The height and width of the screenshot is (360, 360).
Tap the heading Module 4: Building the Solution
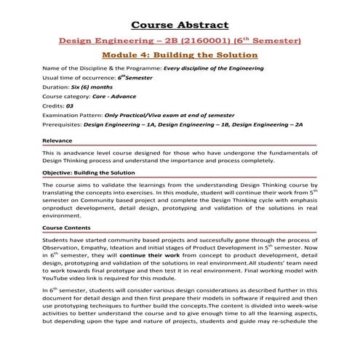[180, 55]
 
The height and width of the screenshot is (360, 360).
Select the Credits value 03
[70, 105]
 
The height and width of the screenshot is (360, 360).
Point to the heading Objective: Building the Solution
[89, 172]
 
